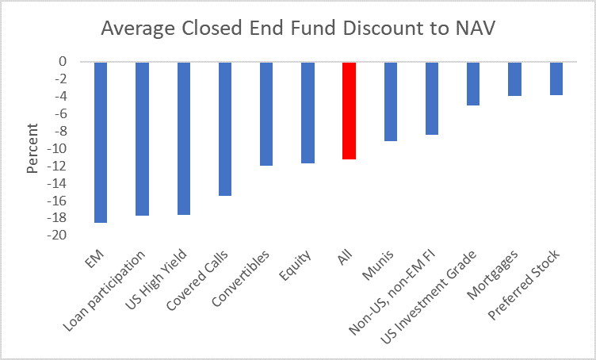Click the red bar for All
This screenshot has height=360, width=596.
[349, 110]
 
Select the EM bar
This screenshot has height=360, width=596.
[101, 142]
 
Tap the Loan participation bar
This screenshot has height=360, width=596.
[142, 139]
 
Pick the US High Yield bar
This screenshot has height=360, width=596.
[183, 138]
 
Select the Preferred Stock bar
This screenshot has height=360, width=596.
[556, 79]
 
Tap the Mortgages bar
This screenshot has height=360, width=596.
[514, 79]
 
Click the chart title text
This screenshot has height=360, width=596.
[298, 30]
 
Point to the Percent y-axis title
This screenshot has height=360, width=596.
[32, 148]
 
